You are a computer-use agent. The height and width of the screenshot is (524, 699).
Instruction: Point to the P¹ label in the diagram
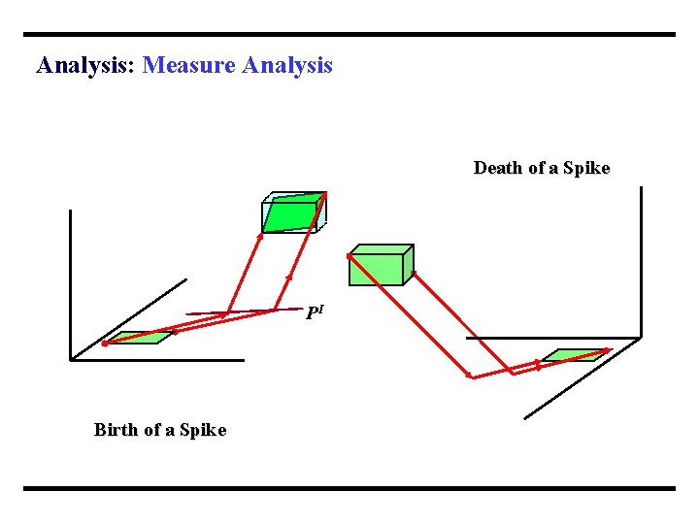pyautogui.click(x=314, y=313)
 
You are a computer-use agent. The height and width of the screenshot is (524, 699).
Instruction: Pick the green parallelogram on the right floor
pyautogui.click(x=576, y=354)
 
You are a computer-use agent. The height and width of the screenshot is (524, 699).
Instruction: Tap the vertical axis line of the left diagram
pyautogui.click(x=71, y=281)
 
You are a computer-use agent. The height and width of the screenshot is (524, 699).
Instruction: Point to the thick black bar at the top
pyautogui.click(x=349, y=35)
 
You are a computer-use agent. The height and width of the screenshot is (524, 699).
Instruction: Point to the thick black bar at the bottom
pyautogui.click(x=349, y=488)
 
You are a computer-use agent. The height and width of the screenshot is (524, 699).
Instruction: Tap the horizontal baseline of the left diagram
pyautogui.click(x=155, y=360)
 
